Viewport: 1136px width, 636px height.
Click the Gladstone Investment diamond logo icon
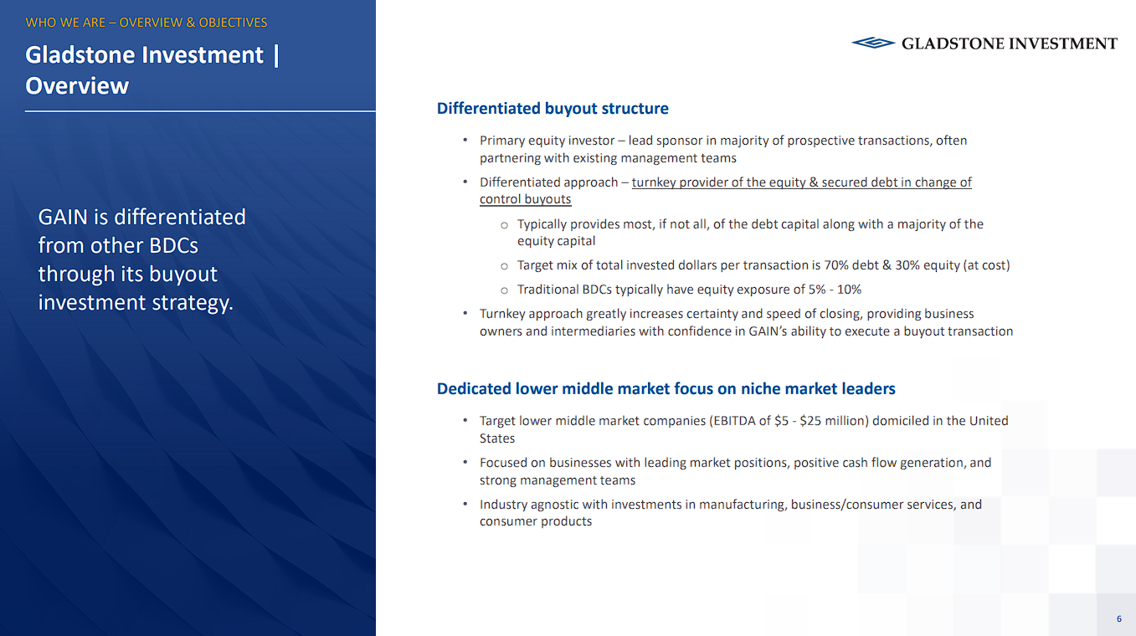click(873, 43)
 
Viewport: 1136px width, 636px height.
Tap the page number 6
click(1118, 618)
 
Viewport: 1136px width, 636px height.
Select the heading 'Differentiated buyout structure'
click(553, 109)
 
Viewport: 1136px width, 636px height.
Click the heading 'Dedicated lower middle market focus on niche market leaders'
click(666, 388)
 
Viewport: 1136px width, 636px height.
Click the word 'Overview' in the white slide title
click(77, 85)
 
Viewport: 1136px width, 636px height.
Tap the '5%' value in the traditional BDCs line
click(817, 290)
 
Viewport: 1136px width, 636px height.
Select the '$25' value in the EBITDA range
click(810, 421)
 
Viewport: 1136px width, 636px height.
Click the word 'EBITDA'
click(734, 421)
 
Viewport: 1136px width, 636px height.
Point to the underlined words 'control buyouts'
click(526, 199)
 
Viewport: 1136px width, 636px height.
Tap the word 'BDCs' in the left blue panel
click(173, 246)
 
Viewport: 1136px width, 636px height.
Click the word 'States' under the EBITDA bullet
click(497, 439)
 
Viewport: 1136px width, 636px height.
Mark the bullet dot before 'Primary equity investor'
click(465, 140)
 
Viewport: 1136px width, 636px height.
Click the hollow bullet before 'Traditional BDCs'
click(504, 290)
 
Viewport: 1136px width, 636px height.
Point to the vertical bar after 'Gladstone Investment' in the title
click(276, 55)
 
